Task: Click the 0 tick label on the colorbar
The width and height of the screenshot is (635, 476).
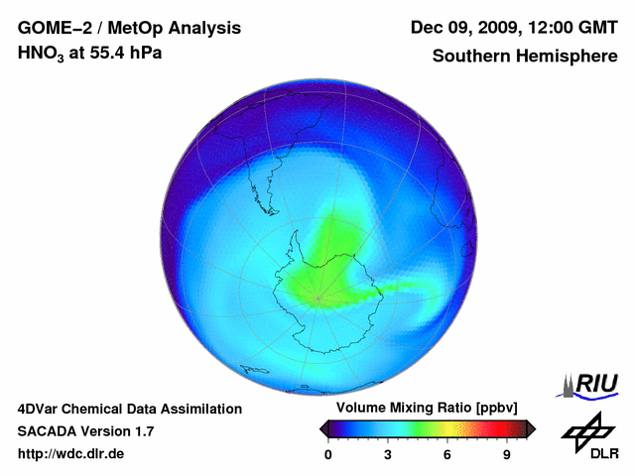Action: click(x=328, y=455)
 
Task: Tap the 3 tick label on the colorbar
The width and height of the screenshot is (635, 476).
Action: click(x=388, y=455)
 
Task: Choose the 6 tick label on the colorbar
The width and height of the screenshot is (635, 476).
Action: click(x=447, y=455)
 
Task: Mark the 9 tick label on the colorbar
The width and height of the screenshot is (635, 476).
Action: click(x=507, y=455)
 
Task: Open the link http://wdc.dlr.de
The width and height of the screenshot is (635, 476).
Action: click(x=71, y=454)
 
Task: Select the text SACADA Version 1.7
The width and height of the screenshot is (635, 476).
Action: click(x=85, y=431)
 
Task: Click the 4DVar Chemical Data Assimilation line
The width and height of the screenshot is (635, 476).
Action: click(x=129, y=409)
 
